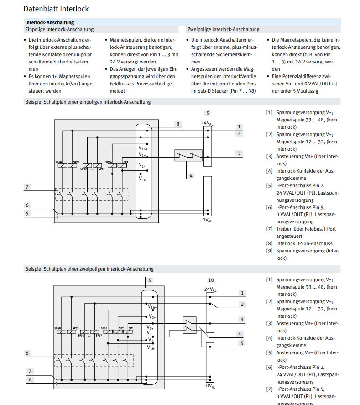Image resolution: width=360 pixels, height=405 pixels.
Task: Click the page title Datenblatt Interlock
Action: click(56, 9)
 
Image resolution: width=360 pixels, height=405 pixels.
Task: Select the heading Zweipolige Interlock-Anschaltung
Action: click(223, 29)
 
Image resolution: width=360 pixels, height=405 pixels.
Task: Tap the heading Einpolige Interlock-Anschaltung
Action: click(59, 29)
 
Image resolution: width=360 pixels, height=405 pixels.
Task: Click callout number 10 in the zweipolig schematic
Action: click(211, 280)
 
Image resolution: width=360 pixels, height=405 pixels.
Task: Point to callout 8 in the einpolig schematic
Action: click(178, 124)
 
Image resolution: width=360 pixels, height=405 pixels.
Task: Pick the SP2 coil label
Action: click(121, 328)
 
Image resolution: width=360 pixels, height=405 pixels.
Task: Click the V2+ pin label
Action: click(152, 316)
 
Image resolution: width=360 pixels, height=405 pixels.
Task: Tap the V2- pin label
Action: click(151, 340)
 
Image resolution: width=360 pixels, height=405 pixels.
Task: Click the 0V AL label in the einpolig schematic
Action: click(207, 220)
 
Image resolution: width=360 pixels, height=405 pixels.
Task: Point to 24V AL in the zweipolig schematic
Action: click(210, 289)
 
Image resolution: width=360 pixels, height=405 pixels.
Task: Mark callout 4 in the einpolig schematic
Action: click(191, 175)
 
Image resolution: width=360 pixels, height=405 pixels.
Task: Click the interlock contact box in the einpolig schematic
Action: click(188, 155)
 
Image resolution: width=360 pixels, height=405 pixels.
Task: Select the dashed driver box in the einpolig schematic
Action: click(91, 194)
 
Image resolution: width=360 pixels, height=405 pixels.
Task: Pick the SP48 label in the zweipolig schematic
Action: click(58, 328)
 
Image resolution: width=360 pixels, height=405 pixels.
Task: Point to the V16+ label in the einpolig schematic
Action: click(143, 148)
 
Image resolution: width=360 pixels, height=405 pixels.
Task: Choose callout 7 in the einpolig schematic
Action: click(27, 187)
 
